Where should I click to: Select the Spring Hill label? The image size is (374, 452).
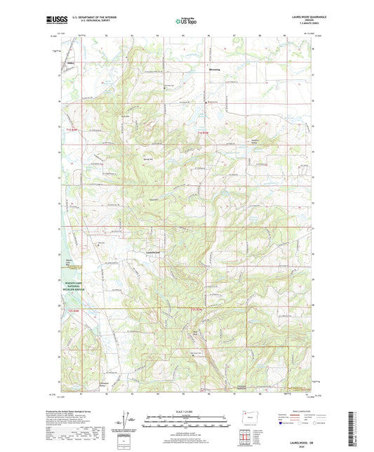149,159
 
